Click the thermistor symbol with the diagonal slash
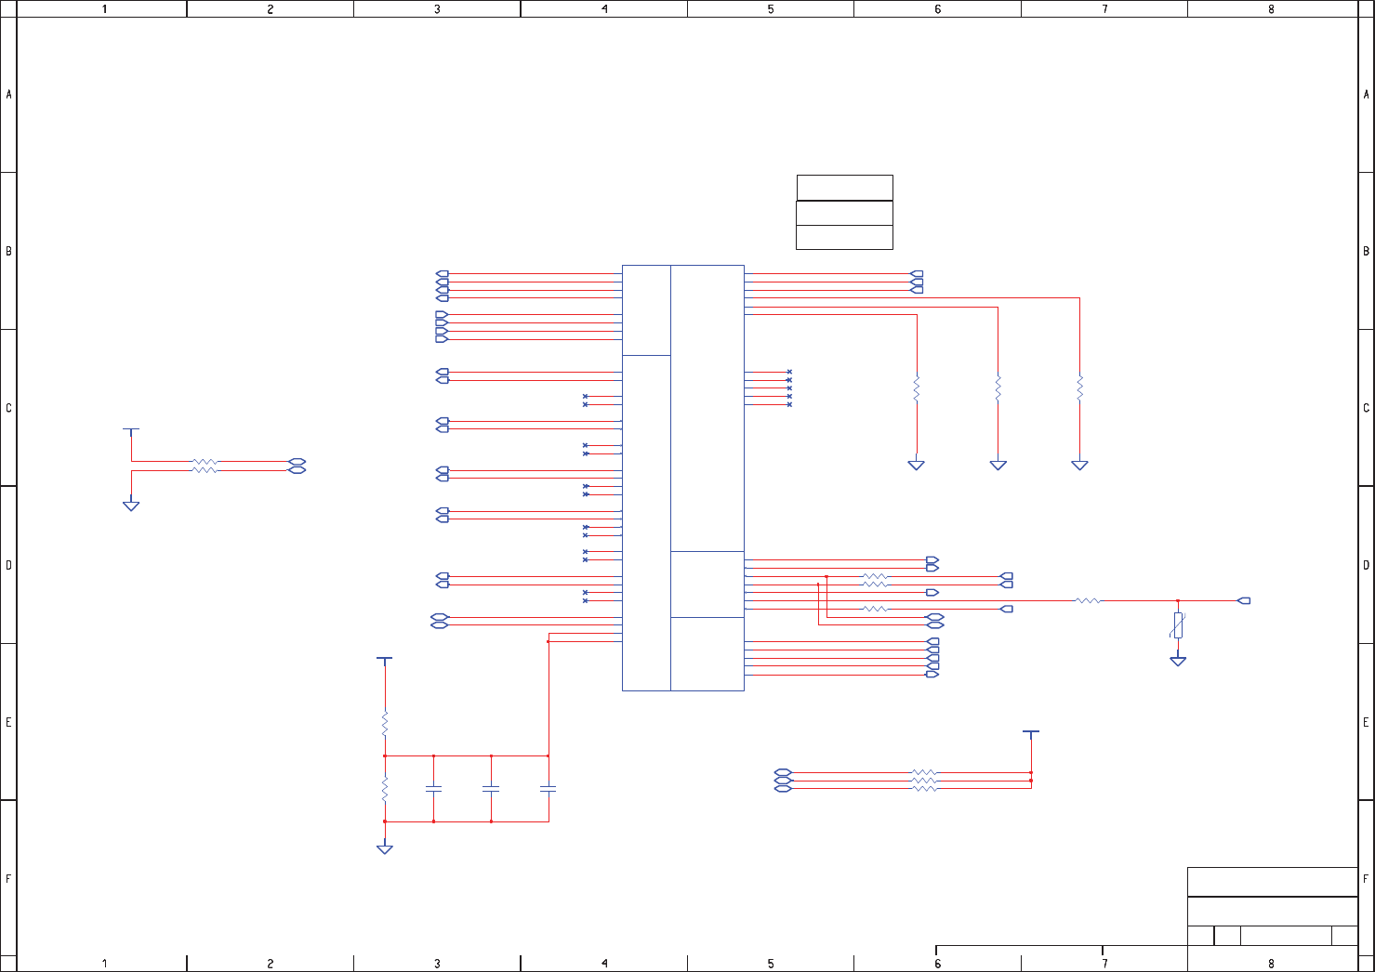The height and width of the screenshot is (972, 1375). [x=1178, y=624]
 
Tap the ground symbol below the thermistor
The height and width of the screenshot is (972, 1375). [x=1178, y=661]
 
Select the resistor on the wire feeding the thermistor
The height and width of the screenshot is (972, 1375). [x=1088, y=601]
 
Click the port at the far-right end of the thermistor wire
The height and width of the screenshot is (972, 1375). [x=1245, y=601]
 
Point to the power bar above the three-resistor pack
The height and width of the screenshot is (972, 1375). [x=1030, y=732]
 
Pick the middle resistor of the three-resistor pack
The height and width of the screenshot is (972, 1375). [x=924, y=781]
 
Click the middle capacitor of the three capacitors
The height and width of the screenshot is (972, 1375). [x=491, y=788]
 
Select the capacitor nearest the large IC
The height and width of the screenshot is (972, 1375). [x=549, y=788]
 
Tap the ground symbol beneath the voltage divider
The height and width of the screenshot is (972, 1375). [x=384, y=848]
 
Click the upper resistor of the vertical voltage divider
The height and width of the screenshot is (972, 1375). [x=385, y=724]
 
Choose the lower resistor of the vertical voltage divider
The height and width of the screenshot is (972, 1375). [x=385, y=789]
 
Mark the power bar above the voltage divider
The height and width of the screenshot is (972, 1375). [x=384, y=658]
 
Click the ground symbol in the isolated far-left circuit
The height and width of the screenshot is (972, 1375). [x=131, y=506]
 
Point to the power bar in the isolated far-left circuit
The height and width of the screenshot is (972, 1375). [x=131, y=429]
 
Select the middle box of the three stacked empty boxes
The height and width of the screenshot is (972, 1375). [x=844, y=213]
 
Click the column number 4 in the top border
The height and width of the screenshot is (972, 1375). [x=604, y=9]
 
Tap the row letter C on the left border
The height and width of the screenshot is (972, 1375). [x=8, y=408]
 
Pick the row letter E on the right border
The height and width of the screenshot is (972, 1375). [x=1366, y=722]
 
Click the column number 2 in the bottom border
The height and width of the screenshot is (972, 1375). [x=271, y=964]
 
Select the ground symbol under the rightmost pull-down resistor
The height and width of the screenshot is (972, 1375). [x=1079, y=465]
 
